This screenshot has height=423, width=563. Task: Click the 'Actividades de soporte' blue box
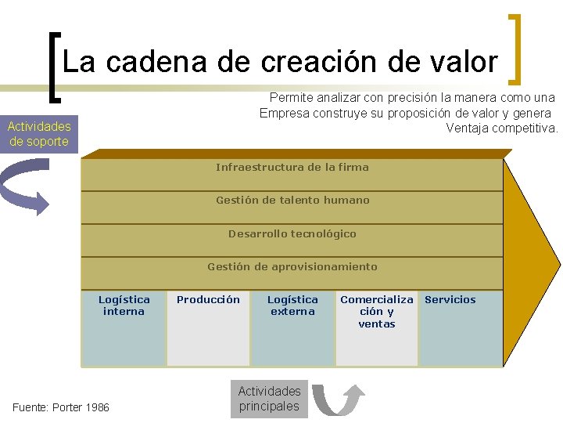(x=39, y=134)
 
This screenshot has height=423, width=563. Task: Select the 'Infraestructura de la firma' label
(x=292, y=167)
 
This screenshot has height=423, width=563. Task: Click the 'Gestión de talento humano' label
(x=292, y=200)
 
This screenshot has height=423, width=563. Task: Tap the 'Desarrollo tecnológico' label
(x=292, y=233)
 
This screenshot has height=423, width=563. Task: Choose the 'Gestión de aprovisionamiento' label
(x=292, y=266)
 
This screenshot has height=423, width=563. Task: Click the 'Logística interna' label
(x=124, y=305)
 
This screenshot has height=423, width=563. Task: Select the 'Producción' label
(x=208, y=299)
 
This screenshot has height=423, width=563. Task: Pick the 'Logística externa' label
(x=292, y=305)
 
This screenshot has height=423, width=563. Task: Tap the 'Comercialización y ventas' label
(x=377, y=311)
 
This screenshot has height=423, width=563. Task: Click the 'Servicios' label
(x=450, y=299)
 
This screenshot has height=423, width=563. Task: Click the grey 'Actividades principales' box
(x=269, y=399)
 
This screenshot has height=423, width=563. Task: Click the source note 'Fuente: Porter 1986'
(x=62, y=407)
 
